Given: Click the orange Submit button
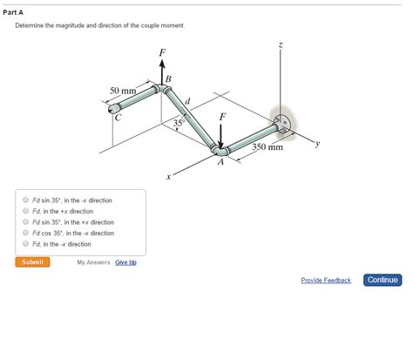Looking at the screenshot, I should [32, 262].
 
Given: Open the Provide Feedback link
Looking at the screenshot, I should [326, 280].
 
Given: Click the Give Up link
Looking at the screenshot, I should [125, 262].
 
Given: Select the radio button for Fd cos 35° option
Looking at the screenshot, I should [25, 233].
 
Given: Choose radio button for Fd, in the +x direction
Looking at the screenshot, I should [25, 211].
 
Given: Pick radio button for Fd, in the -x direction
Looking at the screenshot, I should [25, 244].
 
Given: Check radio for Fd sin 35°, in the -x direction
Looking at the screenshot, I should [25, 200].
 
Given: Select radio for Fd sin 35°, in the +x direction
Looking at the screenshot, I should [25, 222].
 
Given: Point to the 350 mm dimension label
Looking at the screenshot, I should [267, 147].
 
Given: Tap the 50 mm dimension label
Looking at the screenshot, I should [122, 91].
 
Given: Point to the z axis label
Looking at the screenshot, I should [281, 44].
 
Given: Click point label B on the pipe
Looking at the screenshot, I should [168, 81].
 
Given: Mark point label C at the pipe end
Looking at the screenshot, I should [118, 117].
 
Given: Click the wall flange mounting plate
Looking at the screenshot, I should [281, 122].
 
